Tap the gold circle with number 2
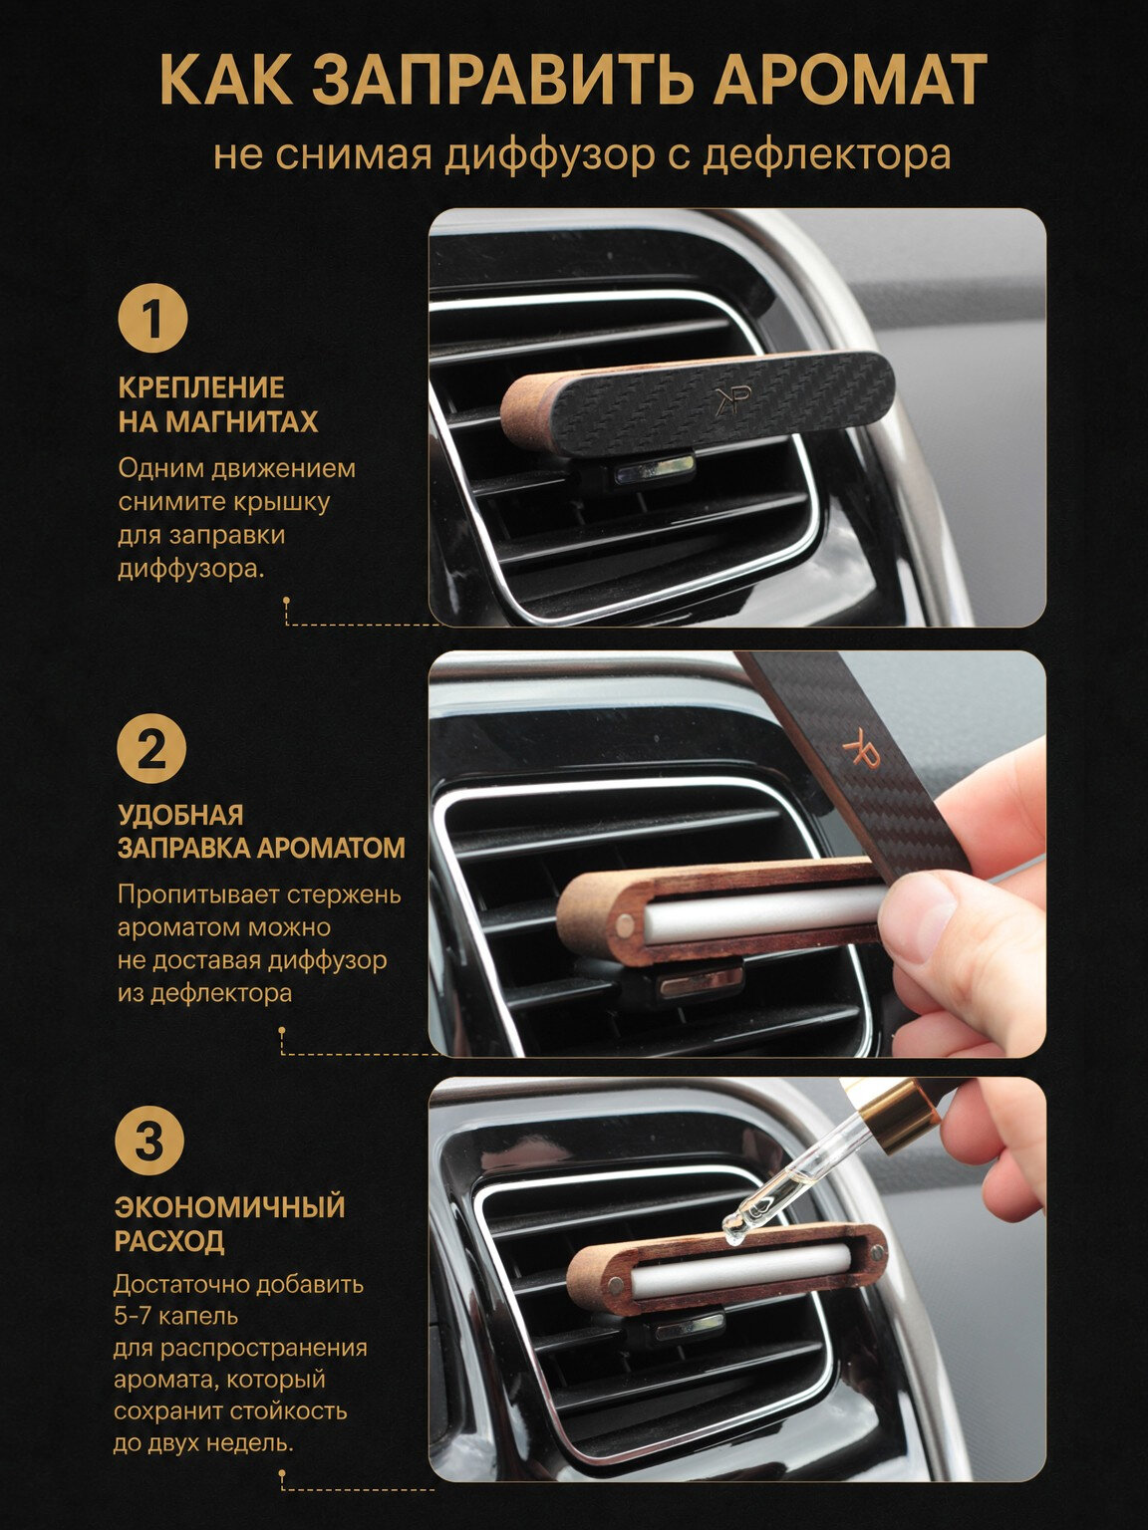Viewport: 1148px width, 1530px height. tap(151, 750)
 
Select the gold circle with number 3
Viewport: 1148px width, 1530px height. tap(149, 1142)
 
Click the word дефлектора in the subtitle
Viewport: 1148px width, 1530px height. tap(826, 155)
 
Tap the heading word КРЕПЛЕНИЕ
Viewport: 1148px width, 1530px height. tap(201, 387)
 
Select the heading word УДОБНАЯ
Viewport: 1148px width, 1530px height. tap(180, 815)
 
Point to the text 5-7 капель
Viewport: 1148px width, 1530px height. tap(175, 1317)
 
